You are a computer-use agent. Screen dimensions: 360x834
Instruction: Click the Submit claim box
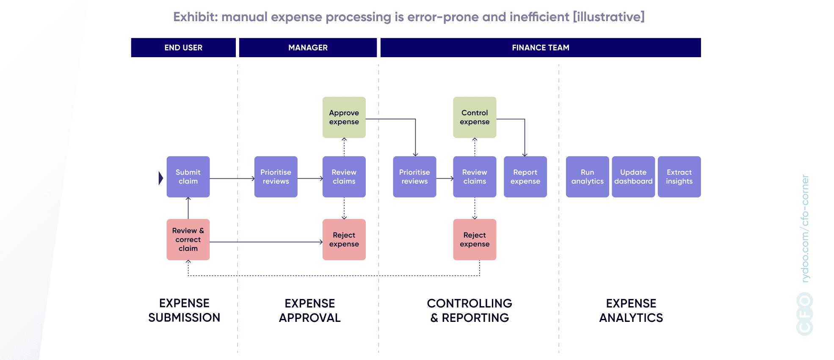[188, 177]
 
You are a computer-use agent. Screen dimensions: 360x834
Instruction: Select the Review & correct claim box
[188, 239]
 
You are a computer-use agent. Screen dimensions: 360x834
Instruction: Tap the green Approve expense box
[344, 117]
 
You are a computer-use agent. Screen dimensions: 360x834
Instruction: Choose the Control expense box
[475, 117]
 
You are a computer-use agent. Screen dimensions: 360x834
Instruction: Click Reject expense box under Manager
[344, 239]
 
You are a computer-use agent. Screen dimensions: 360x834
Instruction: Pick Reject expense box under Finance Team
[475, 239]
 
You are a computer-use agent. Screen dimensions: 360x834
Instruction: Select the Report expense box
[525, 177]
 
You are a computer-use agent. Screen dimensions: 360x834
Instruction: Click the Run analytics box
[587, 177]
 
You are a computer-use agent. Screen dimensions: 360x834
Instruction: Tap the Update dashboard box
[633, 177]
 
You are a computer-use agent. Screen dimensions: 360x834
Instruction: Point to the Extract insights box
[679, 177]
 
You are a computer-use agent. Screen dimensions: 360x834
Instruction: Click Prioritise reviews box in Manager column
[276, 177]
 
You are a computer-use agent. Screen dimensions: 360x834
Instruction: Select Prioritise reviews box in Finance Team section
[414, 177]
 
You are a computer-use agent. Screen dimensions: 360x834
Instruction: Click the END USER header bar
[183, 47]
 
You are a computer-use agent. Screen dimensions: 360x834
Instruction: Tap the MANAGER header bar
[308, 47]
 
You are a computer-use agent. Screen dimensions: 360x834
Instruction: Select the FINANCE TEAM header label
[540, 47]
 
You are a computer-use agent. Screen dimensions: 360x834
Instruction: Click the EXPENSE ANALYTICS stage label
[631, 310]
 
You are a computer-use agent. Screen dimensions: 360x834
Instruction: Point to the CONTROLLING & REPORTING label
[469, 310]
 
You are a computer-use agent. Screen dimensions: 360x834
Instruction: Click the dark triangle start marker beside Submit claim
[160, 178]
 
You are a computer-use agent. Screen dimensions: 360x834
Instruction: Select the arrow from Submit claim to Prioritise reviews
[232, 179]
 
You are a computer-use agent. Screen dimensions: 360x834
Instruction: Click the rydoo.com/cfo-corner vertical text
[805, 229]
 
